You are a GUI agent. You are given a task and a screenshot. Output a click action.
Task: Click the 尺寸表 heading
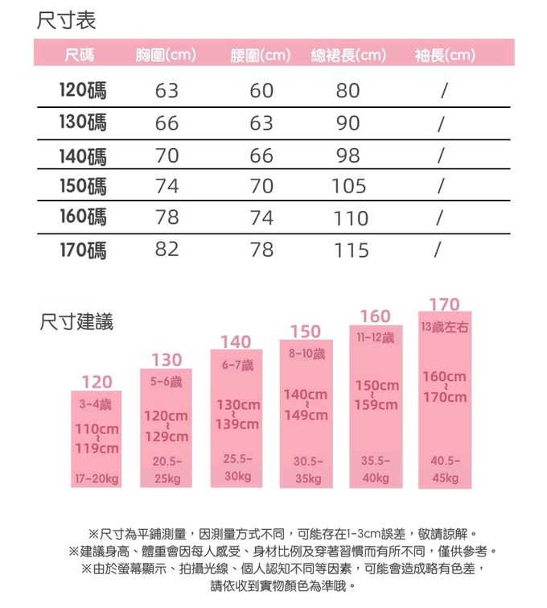(67, 20)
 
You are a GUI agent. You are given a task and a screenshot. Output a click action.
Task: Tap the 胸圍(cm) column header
(167, 56)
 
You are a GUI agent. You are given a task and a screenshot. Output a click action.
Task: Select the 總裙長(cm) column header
(348, 56)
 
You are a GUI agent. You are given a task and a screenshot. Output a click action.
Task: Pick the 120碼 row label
(83, 90)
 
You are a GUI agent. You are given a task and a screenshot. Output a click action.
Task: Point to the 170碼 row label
(83, 250)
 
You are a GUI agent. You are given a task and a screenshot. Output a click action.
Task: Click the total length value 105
(348, 187)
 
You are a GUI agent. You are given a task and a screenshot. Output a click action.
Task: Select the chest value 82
(167, 250)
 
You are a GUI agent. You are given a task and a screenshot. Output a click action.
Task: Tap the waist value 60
(261, 90)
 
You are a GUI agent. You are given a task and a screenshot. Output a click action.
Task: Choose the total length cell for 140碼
(348, 155)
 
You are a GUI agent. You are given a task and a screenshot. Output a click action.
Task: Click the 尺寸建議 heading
(76, 322)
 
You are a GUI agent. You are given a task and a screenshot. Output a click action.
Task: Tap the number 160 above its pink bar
(376, 316)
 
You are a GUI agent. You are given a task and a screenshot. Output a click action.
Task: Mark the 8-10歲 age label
(306, 354)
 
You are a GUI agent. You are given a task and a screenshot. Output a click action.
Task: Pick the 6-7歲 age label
(236, 366)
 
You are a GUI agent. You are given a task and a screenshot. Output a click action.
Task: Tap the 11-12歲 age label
(376, 336)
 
